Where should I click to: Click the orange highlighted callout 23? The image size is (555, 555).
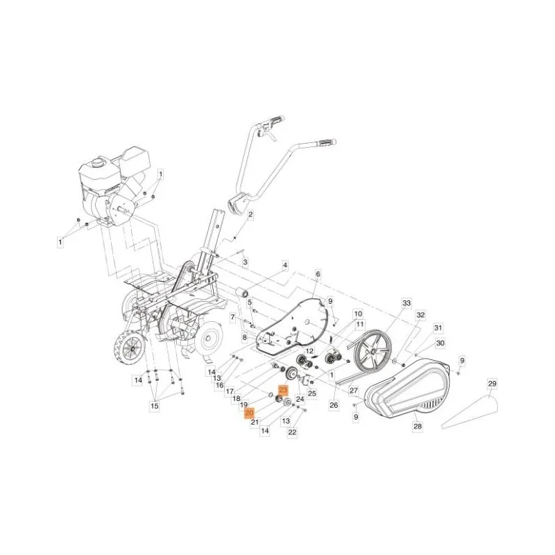(x=284, y=391)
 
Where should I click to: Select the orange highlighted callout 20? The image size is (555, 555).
(x=249, y=413)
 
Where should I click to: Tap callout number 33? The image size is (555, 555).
(x=407, y=303)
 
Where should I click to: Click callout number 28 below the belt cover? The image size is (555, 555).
(x=418, y=426)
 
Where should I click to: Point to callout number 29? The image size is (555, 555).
(x=492, y=384)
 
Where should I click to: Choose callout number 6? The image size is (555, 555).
(x=318, y=274)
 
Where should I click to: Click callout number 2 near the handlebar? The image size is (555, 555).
(x=250, y=214)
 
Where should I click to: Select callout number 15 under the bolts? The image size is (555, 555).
(x=155, y=406)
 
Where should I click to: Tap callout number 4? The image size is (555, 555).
(x=284, y=265)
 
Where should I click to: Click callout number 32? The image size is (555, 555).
(x=420, y=315)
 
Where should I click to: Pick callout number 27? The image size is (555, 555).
(x=354, y=391)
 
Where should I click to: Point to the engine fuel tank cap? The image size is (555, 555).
(x=96, y=163)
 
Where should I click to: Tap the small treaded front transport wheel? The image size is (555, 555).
(x=130, y=350)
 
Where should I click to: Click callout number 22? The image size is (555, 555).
(x=292, y=432)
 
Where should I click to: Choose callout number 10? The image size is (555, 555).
(x=358, y=314)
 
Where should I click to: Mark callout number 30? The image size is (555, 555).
(x=440, y=343)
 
